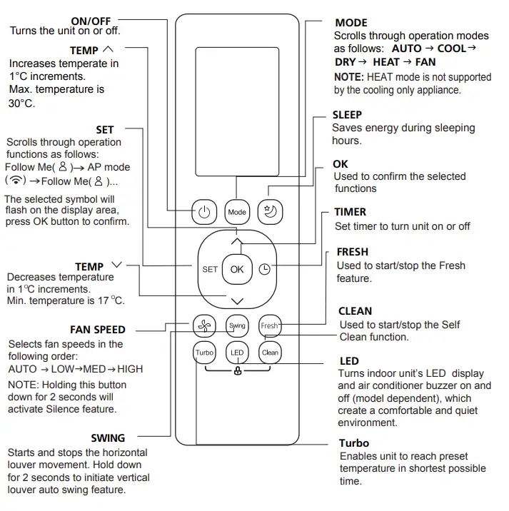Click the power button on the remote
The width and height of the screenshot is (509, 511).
(204, 212)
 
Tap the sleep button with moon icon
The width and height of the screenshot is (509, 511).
(270, 211)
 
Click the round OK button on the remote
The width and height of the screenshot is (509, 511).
(237, 269)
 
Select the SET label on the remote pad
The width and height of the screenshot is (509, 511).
(209, 269)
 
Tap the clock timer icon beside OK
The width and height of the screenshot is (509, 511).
(265, 269)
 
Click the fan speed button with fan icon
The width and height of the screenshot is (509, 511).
(204, 325)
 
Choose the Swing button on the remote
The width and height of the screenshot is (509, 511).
(237, 325)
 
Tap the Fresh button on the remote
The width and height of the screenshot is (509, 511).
(270, 325)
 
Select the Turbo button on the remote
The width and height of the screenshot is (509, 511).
(204, 353)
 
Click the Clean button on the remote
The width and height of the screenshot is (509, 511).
(270, 353)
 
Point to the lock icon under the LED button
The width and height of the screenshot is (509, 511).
(237, 372)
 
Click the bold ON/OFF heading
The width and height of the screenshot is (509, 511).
(91, 21)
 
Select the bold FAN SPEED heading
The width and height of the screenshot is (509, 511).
(98, 330)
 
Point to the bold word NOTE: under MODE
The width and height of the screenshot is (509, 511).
(350, 77)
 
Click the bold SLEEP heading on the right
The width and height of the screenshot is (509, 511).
(347, 115)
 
